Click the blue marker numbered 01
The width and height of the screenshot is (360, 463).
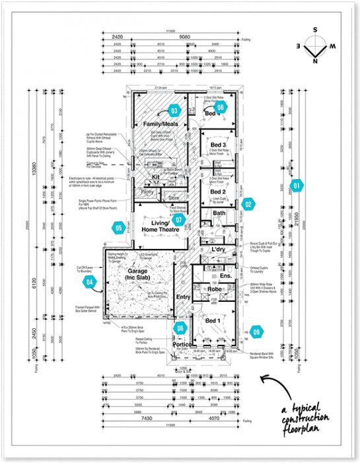297,186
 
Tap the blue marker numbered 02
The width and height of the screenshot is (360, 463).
248,205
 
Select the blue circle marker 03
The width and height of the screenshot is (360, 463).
175,110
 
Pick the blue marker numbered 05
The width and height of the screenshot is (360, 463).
118,229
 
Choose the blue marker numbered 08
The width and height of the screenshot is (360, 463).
220,106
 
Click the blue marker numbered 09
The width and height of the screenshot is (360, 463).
256,332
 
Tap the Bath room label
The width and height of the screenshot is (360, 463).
219,213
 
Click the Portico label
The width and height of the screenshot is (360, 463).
182,345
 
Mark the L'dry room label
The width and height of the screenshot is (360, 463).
219,250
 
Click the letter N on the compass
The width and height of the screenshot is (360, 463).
316,61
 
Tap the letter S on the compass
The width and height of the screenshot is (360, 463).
316,30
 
